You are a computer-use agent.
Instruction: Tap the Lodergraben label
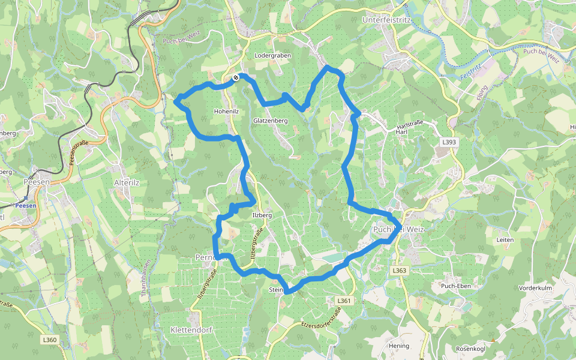272,55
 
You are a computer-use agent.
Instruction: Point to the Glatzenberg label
271,121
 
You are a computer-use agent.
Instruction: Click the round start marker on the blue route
236,77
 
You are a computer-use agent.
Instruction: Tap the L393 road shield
448,142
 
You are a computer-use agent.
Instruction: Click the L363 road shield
400,271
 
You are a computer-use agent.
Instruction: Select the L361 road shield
343,301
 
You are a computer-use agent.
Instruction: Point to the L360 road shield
50,340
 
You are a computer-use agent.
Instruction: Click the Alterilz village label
127,182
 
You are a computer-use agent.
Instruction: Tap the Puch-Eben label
456,286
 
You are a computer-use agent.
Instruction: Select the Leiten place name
505,239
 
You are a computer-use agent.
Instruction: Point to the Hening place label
398,346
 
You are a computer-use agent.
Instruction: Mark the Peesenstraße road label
79,152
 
